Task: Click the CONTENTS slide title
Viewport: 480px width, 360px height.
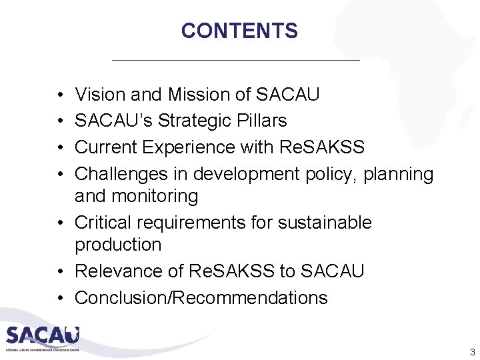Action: [239, 31]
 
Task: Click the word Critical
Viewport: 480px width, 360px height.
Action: [103, 222]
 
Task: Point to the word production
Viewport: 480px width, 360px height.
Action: [118, 245]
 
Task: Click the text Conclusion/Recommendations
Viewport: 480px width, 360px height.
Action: [201, 297]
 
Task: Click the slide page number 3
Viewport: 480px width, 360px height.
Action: [472, 352]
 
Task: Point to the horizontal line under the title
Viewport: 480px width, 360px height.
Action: [236, 61]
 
